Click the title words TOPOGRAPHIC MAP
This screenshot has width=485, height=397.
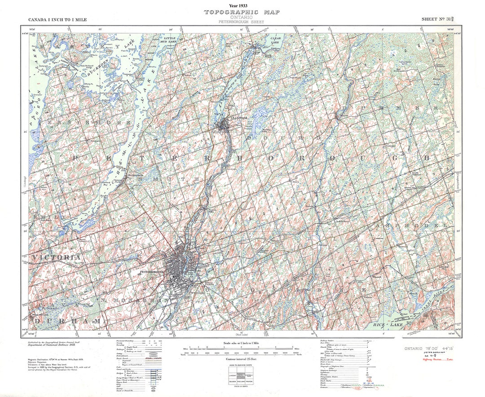point(242,12)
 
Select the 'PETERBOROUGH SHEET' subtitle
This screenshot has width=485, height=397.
point(242,22)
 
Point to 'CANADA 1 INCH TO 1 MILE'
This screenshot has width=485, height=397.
point(57,20)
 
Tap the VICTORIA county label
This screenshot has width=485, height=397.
point(57,257)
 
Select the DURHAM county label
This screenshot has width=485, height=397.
point(67,321)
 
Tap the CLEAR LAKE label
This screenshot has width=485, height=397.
point(276,40)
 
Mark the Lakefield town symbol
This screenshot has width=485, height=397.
point(223,125)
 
